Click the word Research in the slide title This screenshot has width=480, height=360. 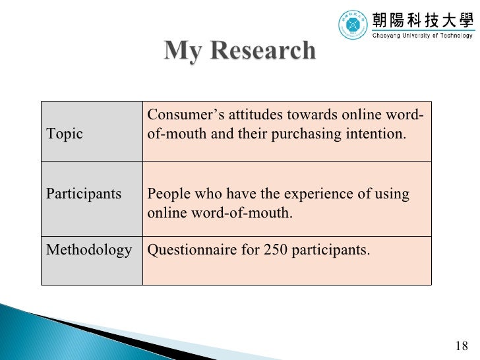coord(264,50)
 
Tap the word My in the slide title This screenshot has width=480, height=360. coord(183,50)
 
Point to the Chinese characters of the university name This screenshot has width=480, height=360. coord(423,18)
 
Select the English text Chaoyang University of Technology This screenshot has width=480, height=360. coord(423,36)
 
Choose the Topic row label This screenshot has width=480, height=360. coord(65,134)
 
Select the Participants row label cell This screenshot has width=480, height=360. coord(84,194)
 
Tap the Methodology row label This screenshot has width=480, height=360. coord(89,250)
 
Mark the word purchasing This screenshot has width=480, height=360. coord(326,134)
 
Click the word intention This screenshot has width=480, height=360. coord(382,134)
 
